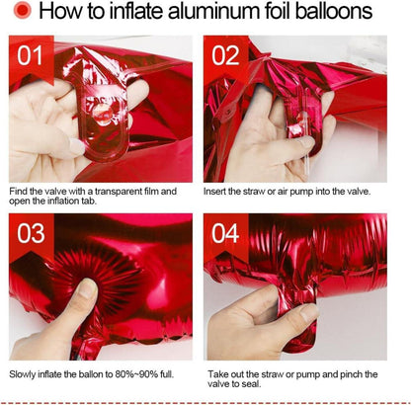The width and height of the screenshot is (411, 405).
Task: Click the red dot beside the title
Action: (x=23, y=11)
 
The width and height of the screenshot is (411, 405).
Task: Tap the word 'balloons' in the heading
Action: (x=334, y=11)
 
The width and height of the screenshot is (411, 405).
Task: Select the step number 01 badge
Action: (x=32, y=56)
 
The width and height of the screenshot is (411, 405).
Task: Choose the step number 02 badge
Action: (x=225, y=56)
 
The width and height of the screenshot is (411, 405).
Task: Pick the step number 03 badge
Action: (x=32, y=234)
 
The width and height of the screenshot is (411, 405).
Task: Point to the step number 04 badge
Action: (x=225, y=234)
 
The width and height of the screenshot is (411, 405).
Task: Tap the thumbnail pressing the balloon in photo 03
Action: (x=87, y=287)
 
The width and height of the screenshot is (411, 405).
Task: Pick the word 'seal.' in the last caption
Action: (x=252, y=384)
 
